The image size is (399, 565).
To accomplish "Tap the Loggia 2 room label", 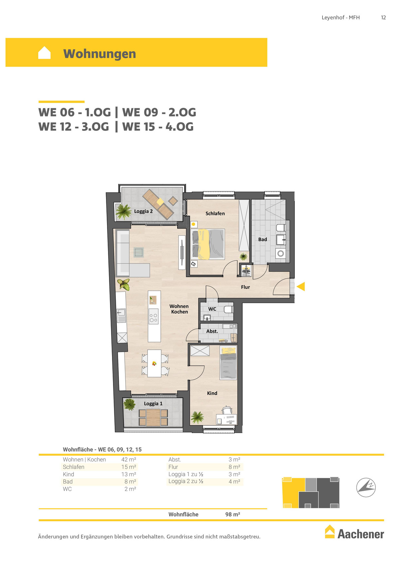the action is pos(143,211).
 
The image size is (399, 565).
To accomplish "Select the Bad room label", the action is pos(262,239).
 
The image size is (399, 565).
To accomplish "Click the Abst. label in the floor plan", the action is pos(212,331).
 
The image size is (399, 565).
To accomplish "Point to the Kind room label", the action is pos(212,393).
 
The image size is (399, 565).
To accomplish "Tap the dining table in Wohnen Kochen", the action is pos(154,363).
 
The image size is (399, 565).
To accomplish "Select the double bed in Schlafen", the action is pos(208,244).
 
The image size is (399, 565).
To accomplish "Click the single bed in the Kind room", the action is pos(228,363).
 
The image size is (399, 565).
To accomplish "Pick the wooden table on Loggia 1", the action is pos(153,418).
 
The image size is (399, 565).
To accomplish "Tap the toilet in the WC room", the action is pos(229,309).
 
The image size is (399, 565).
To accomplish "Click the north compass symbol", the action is pos(366,487).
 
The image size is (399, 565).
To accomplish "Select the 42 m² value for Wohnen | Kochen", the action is pos(129,460).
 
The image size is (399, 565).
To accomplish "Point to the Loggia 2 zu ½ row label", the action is pos(186,481).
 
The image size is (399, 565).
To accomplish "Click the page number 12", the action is pos(383,18).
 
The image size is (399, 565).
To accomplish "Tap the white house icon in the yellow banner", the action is pos(44,53).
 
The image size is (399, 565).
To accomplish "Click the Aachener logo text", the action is pos(361,534).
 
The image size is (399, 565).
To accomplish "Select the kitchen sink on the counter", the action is pos(121,316).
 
